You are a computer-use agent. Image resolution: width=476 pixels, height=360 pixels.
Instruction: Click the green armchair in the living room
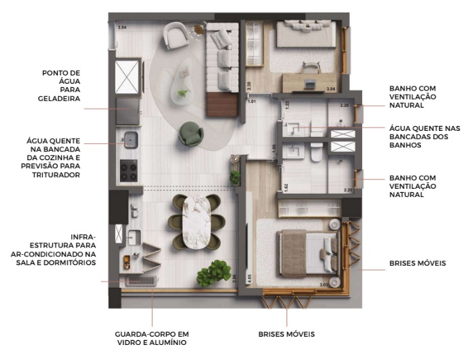(x=190, y=133)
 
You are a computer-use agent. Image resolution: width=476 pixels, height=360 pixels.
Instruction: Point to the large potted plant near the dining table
(x=209, y=273)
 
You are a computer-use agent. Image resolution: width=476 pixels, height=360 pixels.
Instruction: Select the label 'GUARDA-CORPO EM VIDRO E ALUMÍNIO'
(x=151, y=338)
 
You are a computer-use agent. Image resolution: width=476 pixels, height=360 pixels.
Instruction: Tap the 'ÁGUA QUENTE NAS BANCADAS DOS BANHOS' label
(x=423, y=136)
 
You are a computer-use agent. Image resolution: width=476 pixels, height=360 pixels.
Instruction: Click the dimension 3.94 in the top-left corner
(x=123, y=27)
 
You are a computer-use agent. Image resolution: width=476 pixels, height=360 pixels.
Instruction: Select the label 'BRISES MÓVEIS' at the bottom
(x=286, y=334)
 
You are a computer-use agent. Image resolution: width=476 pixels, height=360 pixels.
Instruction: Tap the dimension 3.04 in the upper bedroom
(x=331, y=89)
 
